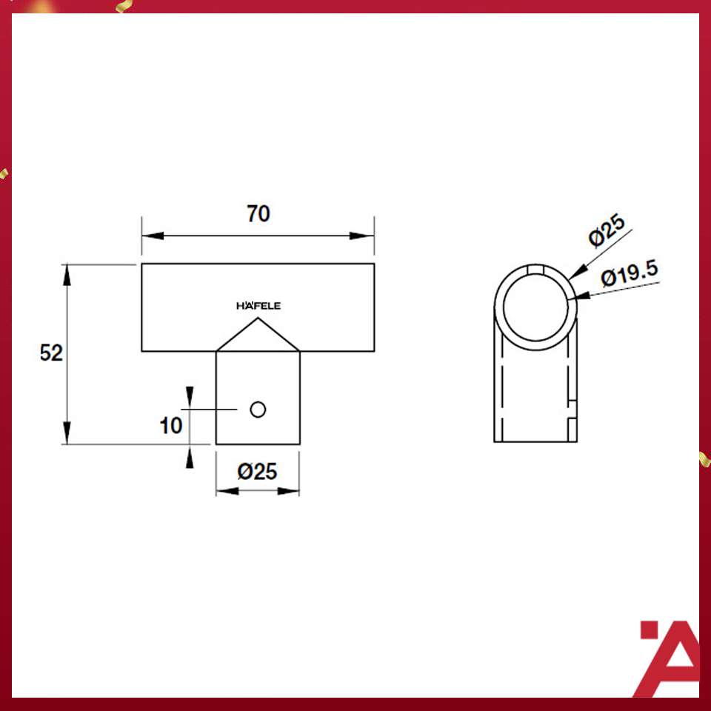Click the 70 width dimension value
tap(258, 214)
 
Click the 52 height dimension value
tap(51, 353)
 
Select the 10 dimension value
tap(170, 426)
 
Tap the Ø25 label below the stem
tap(258, 471)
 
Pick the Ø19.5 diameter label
tap(630, 275)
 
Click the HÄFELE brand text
tap(258, 306)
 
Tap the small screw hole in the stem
tap(258, 409)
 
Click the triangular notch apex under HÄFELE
tap(258, 320)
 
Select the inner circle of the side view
tap(536, 306)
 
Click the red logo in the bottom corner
tap(669, 658)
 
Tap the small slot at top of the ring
tap(536, 268)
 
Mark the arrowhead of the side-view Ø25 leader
tap(575, 275)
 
